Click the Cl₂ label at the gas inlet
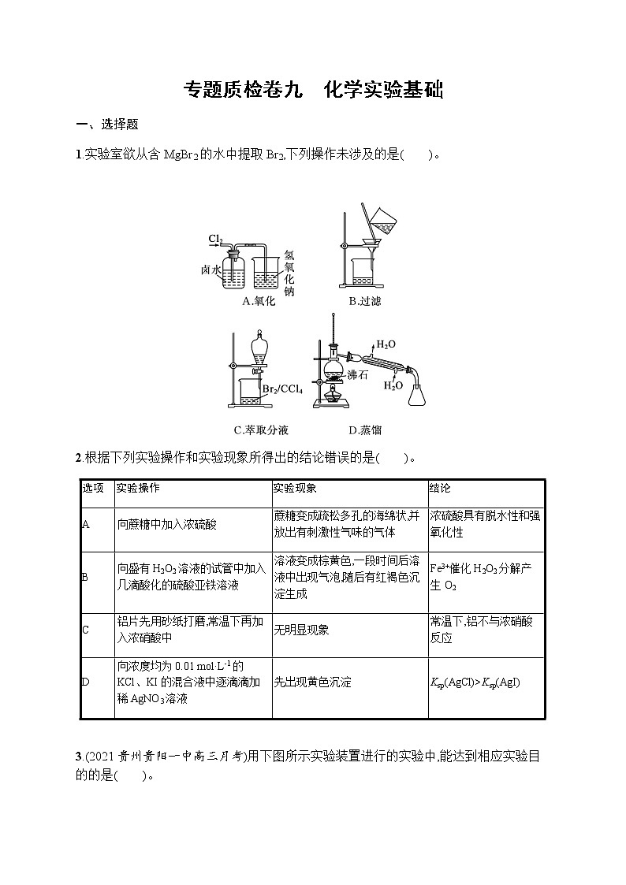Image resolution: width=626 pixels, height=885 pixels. (216, 238)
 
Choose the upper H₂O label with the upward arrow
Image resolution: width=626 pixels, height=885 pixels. (386, 344)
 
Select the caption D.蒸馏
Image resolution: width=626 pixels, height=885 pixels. (365, 430)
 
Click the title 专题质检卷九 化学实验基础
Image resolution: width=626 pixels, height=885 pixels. (313, 90)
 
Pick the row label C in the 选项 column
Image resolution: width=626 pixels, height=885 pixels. (85, 630)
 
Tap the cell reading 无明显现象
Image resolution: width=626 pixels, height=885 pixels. (301, 630)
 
